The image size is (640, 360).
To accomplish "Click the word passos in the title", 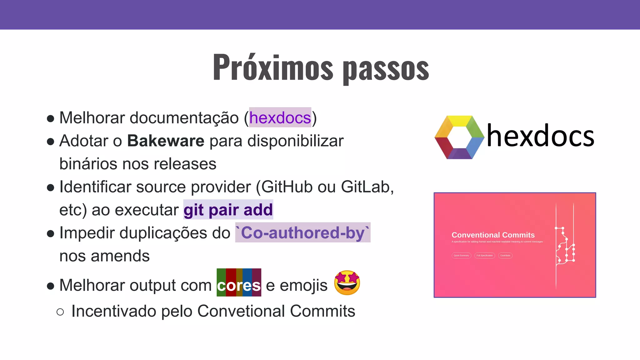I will [386, 69].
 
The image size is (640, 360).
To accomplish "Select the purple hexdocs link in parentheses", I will [280, 118].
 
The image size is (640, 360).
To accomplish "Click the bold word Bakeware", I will [166, 141].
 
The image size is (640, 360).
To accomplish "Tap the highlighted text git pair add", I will [228, 210].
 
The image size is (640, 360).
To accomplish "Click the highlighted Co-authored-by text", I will [302, 233].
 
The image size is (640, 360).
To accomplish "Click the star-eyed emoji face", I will [347, 283].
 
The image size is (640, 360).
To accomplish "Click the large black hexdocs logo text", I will [541, 136].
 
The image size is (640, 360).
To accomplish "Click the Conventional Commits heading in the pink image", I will [493, 235].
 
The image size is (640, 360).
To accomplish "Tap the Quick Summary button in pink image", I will [461, 256].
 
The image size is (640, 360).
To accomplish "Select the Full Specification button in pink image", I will [484, 256].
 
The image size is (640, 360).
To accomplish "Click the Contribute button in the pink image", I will [505, 256].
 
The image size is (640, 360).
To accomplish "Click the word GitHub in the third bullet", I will [287, 187].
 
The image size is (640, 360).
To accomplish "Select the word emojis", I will [303, 285].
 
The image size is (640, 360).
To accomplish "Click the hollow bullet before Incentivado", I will [60, 312].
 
